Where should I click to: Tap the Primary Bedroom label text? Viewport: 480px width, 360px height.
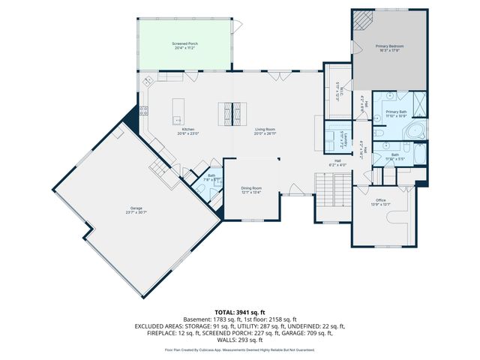click(388, 49)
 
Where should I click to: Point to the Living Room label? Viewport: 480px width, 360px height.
click(265, 131)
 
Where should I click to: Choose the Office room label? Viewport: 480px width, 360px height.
click(380, 202)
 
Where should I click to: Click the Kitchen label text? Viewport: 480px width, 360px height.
click(188, 131)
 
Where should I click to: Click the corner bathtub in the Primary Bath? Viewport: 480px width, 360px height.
click(416, 132)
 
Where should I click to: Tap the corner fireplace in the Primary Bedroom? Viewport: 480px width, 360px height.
click(363, 19)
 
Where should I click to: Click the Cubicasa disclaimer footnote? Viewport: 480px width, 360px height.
click(239, 349)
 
